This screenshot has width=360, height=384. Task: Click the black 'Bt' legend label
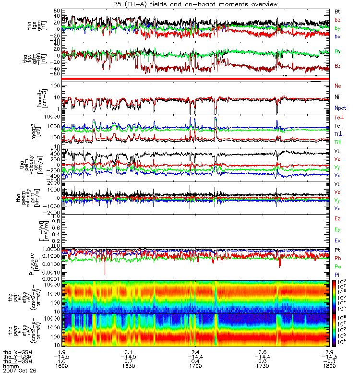click(x=338, y=11)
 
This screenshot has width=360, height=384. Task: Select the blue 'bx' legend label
click(x=338, y=36)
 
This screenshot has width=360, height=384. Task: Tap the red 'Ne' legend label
click(x=338, y=85)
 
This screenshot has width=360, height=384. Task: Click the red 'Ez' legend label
click(x=338, y=218)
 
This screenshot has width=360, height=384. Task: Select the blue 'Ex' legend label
click(x=338, y=240)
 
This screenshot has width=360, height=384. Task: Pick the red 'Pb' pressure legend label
click(x=338, y=259)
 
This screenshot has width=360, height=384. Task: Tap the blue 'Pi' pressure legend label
click(x=337, y=275)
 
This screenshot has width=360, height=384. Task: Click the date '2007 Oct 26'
click(x=19, y=371)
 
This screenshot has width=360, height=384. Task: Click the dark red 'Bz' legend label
click(x=338, y=66)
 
